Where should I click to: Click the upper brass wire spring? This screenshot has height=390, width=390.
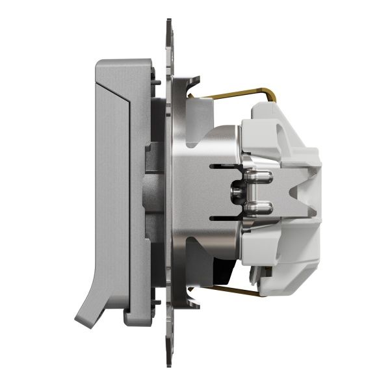[234, 92]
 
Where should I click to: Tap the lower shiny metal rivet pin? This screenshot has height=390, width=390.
[255, 207]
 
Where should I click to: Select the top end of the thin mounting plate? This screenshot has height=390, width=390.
[169, 26]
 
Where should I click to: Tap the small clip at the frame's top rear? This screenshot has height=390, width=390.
[156, 81]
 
